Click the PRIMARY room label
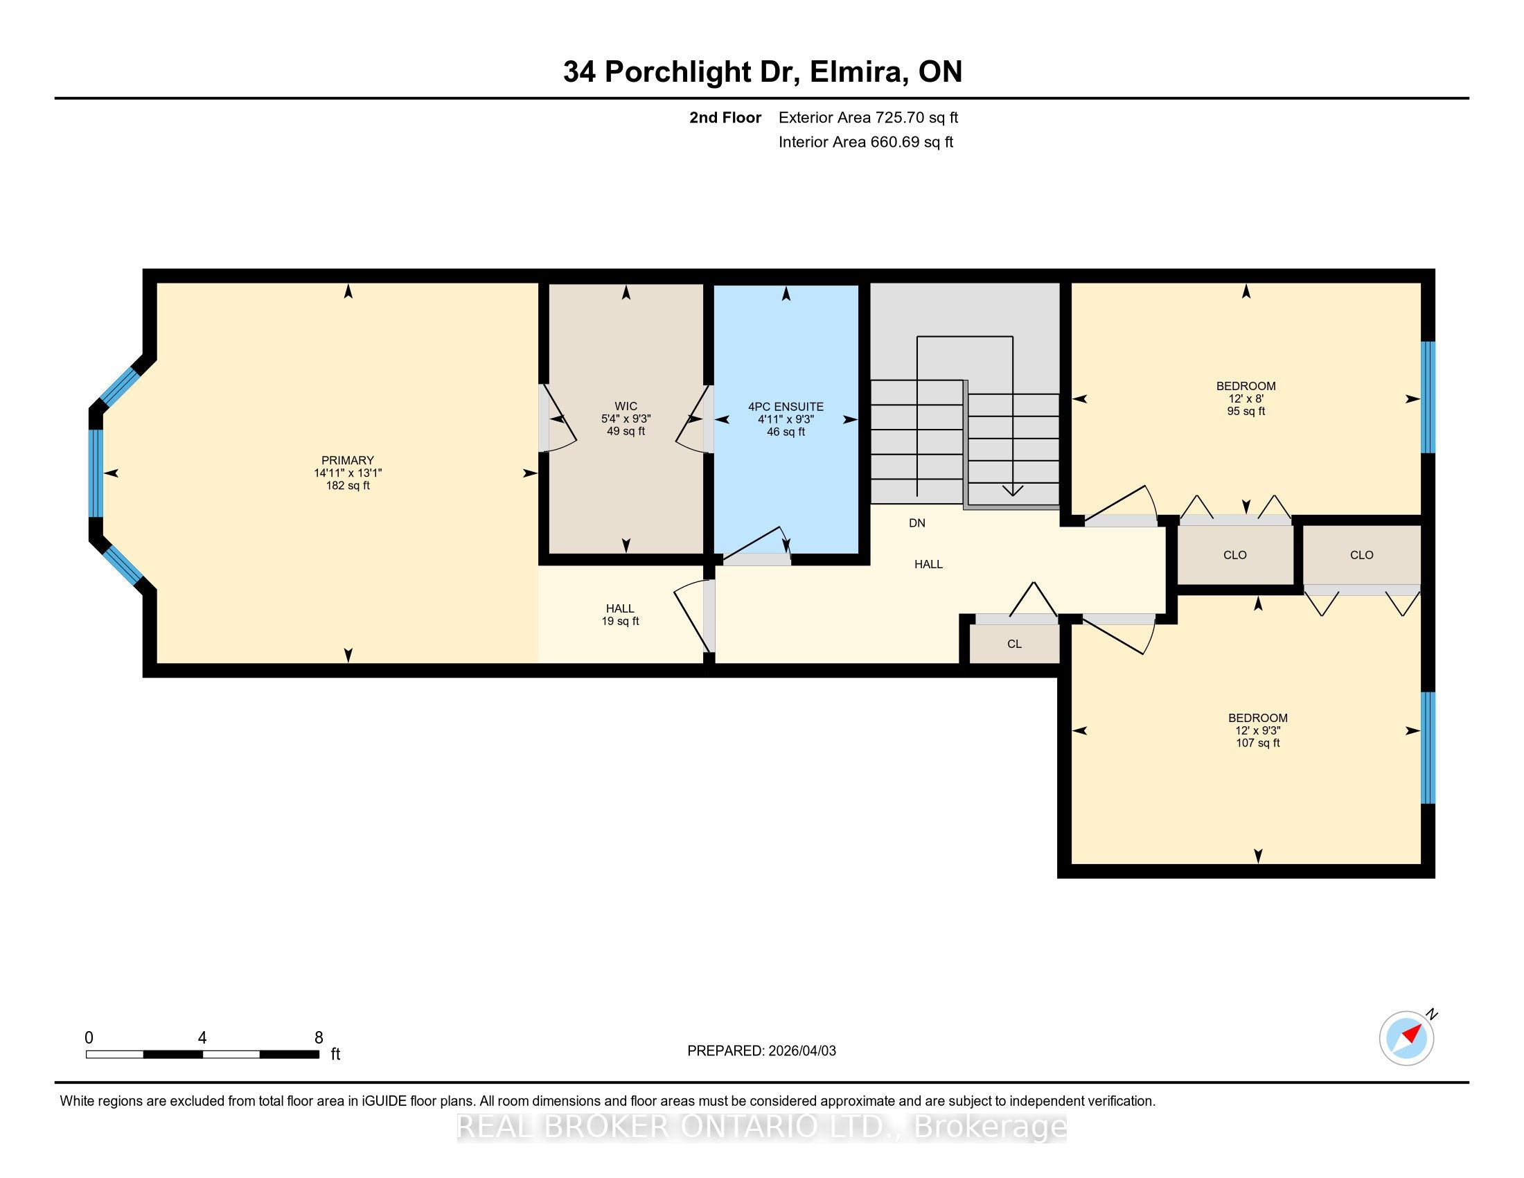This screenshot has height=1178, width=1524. [x=348, y=461]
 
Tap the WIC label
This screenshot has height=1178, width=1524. [x=626, y=407]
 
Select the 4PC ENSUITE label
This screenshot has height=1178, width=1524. [x=786, y=407]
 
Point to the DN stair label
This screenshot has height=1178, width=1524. [x=917, y=522]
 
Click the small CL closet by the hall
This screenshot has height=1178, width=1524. [x=1015, y=644]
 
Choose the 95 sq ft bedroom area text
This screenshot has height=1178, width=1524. [x=1246, y=412]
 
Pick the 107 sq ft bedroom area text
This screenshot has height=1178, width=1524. [x=1258, y=744]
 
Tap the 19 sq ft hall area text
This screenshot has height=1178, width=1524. [x=621, y=621]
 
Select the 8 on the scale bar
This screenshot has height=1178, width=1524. [x=319, y=1037]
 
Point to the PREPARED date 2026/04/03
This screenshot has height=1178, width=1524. [x=801, y=1051]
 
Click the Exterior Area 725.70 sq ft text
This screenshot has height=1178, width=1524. [x=869, y=117]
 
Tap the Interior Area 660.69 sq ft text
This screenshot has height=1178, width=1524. [x=866, y=141]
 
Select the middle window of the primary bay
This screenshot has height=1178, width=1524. [x=96, y=473]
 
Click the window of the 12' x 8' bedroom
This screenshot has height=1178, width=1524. [x=1428, y=397]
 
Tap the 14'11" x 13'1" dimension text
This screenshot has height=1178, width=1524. [x=348, y=473]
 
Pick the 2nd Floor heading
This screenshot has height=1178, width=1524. [x=725, y=117]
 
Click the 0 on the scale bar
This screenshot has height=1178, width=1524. [x=89, y=1037]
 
